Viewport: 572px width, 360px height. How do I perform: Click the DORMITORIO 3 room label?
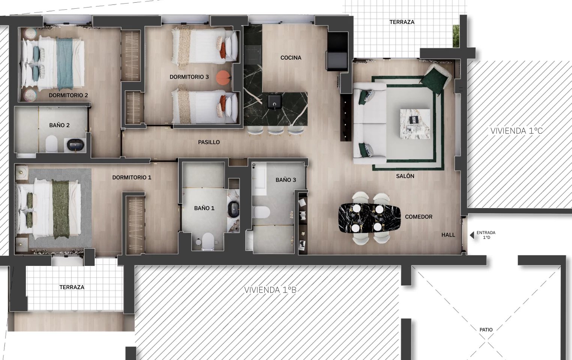(189, 77)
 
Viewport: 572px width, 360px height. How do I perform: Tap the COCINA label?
(291, 58)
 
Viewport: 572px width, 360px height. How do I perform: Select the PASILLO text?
(209, 142)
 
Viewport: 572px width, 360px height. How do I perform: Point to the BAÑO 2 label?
(59, 125)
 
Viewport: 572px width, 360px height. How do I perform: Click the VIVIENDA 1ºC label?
(516, 131)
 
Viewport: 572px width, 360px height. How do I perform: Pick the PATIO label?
(486, 330)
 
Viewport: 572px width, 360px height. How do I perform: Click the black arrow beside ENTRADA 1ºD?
(472, 235)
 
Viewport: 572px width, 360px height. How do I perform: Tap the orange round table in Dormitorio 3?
(223, 77)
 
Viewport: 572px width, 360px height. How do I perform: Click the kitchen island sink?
(275, 102)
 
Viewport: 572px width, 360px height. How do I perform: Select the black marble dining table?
(369, 218)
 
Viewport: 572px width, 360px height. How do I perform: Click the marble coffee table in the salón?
(415, 124)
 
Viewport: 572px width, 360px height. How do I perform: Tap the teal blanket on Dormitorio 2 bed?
(65, 64)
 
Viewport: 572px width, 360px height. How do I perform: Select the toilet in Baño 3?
(261, 212)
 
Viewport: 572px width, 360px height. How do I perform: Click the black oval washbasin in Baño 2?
(75, 145)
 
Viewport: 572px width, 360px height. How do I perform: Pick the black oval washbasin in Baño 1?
(233, 209)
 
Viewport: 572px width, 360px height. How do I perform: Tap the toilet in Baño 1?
(208, 241)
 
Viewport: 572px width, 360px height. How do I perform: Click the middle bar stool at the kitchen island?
(275, 130)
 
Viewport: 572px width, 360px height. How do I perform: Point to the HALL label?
(448, 235)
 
